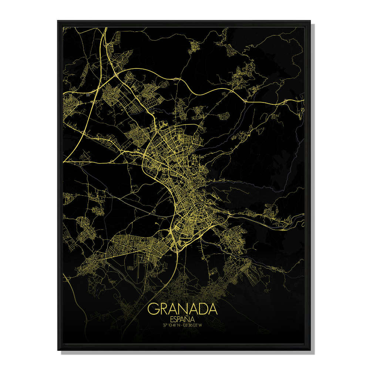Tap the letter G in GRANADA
click(154, 309)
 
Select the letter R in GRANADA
click(164, 309)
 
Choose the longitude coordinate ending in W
click(196, 325)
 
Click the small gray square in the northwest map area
click(88, 95)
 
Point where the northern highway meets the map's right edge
click(304, 100)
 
